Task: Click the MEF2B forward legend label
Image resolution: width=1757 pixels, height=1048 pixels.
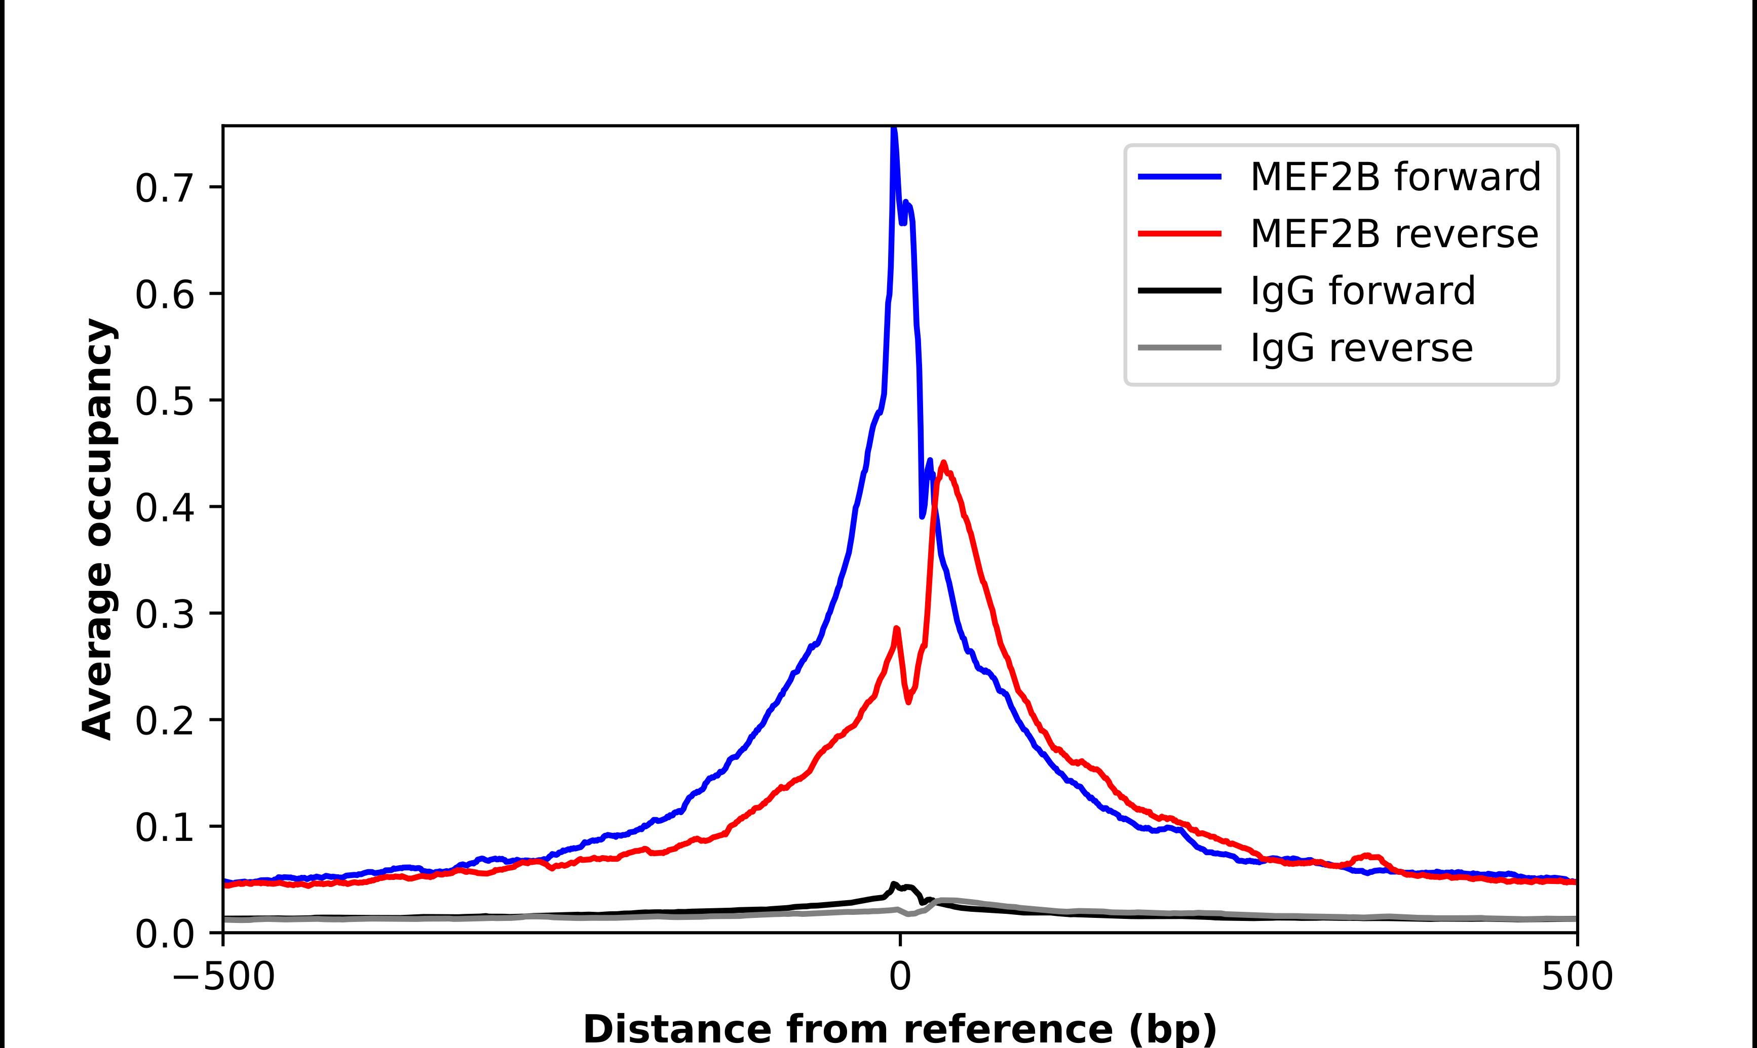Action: (x=1395, y=177)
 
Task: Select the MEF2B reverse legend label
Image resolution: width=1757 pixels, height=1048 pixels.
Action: (x=1393, y=234)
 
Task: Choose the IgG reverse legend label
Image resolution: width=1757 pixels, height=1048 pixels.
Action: (x=1361, y=347)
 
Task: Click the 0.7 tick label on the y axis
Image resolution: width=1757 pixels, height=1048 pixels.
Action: (x=164, y=188)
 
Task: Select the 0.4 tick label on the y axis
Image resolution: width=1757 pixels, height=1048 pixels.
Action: (x=164, y=508)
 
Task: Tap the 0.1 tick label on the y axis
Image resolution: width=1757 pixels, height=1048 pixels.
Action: (x=164, y=827)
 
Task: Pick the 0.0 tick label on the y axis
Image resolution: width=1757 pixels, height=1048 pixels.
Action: (x=164, y=934)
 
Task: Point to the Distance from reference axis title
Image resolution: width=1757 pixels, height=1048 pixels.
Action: (x=899, y=1028)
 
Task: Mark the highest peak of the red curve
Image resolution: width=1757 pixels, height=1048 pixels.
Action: (x=944, y=463)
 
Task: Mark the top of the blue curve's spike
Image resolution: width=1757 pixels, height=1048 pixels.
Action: (x=894, y=129)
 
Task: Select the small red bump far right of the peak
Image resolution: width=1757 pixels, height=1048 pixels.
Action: (x=1368, y=856)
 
